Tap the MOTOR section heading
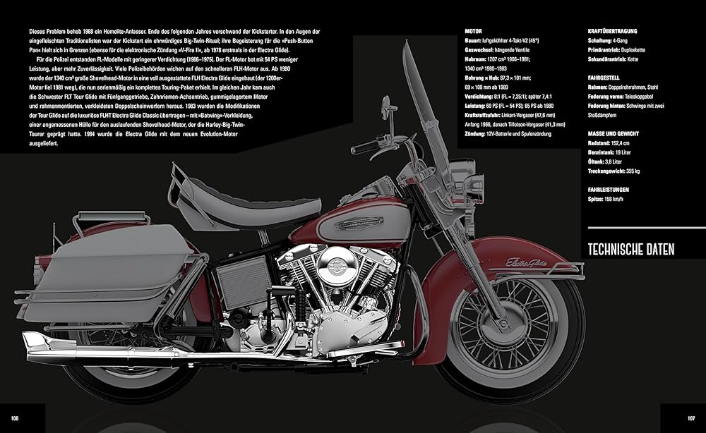pyautogui.click(x=474, y=32)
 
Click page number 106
pyautogui.click(x=13, y=418)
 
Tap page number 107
pyautogui.click(x=692, y=418)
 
